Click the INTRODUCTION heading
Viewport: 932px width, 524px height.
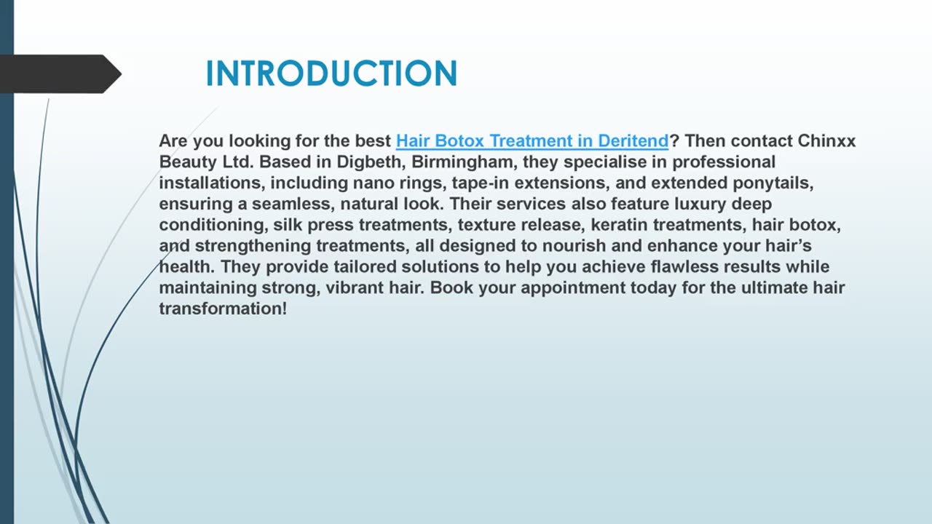(331, 74)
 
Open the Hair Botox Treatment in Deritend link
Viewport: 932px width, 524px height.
(532, 140)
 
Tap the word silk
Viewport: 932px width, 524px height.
(288, 225)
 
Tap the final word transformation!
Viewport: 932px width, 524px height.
(223, 309)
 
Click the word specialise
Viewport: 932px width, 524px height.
(608, 162)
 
